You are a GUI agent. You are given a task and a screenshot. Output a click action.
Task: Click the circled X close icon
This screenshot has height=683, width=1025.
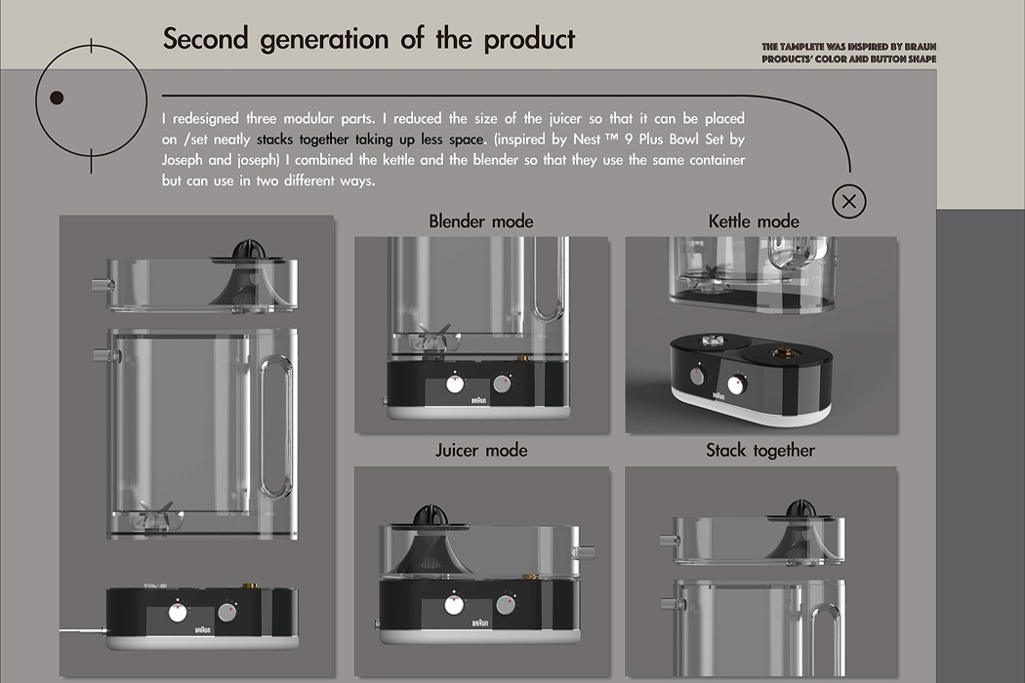[x=848, y=202]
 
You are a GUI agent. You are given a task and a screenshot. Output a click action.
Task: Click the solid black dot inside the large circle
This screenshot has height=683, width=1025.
[x=57, y=98]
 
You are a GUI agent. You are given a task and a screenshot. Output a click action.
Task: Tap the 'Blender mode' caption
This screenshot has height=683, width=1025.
[x=481, y=221]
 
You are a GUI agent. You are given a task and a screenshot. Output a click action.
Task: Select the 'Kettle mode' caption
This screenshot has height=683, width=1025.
[x=754, y=221]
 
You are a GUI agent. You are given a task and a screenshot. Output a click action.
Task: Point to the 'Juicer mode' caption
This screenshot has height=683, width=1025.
[x=481, y=450]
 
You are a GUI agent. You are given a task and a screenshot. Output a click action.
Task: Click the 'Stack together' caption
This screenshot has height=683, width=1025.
[x=760, y=450]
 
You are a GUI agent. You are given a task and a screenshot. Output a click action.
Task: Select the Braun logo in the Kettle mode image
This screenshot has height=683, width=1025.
[x=719, y=396]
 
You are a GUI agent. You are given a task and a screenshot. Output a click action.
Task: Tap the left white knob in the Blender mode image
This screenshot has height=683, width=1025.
[x=454, y=383]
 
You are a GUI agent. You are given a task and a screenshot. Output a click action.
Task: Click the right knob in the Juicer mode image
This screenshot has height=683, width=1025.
[x=505, y=605]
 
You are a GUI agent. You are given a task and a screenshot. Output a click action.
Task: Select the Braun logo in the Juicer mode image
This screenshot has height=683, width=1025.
[x=479, y=622]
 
